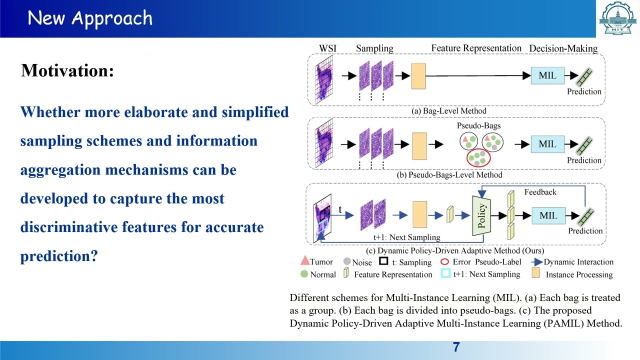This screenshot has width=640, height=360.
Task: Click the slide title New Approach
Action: [90, 18]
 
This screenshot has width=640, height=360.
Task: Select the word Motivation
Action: [67, 70]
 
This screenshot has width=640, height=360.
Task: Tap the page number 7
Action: [456, 347]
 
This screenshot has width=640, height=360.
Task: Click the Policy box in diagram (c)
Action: [481, 215]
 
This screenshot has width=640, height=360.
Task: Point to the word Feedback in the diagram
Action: [540, 192]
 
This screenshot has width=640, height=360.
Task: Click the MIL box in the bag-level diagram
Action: [547, 76]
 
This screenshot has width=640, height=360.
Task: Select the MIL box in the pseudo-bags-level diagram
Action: [547, 144]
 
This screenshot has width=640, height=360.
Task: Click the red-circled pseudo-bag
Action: [478, 157]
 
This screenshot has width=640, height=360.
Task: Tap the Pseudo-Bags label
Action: [478, 125]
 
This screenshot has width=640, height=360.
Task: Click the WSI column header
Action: [327, 48]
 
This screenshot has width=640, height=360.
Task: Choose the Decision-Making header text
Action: [563, 48]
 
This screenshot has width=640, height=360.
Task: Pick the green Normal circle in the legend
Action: [304, 274]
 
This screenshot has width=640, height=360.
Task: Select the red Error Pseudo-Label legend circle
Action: [444, 261]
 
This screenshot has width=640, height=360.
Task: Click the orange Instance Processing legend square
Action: [535, 274]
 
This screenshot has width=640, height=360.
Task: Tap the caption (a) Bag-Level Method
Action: [448, 110]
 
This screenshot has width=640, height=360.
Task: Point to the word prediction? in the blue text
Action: [58, 256]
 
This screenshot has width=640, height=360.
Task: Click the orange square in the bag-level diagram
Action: [418, 76]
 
